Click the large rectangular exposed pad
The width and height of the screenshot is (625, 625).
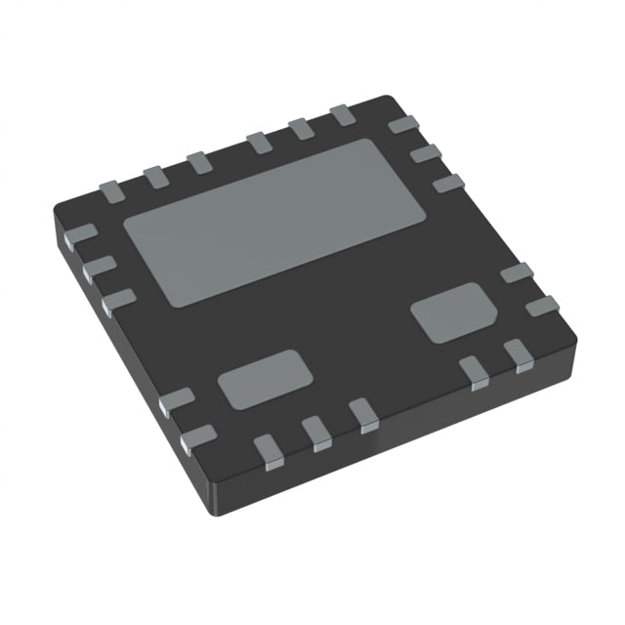[x=276, y=220]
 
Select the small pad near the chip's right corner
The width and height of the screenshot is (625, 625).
[x=448, y=312]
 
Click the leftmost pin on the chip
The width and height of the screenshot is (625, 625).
[x=80, y=234]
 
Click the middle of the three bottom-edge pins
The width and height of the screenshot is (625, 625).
[x=316, y=432]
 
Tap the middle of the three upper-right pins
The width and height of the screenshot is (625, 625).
[x=426, y=154]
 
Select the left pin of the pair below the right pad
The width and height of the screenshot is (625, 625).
[x=475, y=372]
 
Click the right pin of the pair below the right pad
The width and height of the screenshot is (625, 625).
[x=518, y=354]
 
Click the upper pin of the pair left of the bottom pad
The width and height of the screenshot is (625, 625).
[x=177, y=400]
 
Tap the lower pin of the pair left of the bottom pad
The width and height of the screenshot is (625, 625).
[x=199, y=438]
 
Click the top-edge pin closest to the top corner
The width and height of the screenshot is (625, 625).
[x=341, y=116]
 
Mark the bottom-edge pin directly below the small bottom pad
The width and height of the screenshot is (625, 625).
[x=268, y=449]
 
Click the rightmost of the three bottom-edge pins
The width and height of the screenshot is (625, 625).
[x=364, y=415]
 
